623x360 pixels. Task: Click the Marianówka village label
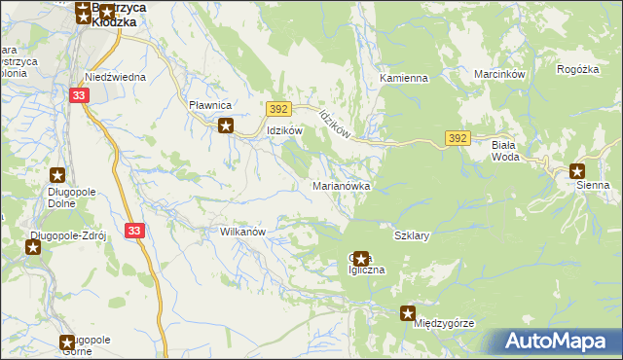[340, 185]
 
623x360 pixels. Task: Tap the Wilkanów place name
[243, 233]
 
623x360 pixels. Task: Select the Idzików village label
[286, 130]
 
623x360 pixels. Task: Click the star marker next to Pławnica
[226, 125]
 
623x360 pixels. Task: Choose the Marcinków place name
[499, 74]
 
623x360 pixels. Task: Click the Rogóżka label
[577, 69]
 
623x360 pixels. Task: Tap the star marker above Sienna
[577, 169]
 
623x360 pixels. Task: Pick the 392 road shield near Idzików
[278, 110]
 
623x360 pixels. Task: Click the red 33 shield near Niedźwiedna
[81, 94]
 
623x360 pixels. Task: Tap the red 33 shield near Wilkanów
[134, 231]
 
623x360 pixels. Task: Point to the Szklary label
[412, 235]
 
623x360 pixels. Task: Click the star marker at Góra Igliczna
[361, 258]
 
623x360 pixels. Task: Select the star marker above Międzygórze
[409, 312]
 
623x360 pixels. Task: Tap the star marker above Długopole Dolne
[57, 175]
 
